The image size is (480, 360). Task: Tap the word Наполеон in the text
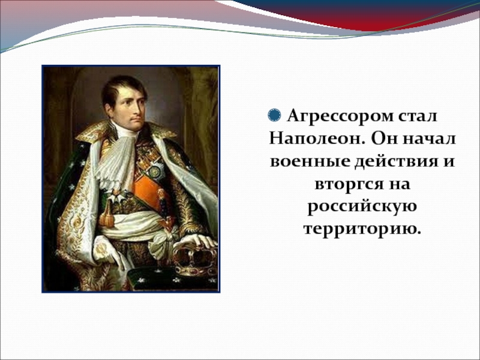[317, 139]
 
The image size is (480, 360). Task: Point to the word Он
[384, 139]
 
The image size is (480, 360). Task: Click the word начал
[429, 139]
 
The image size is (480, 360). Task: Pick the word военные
[310, 161]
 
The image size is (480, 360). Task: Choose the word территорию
[362, 229]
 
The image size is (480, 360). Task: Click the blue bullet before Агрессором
[274, 116]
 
